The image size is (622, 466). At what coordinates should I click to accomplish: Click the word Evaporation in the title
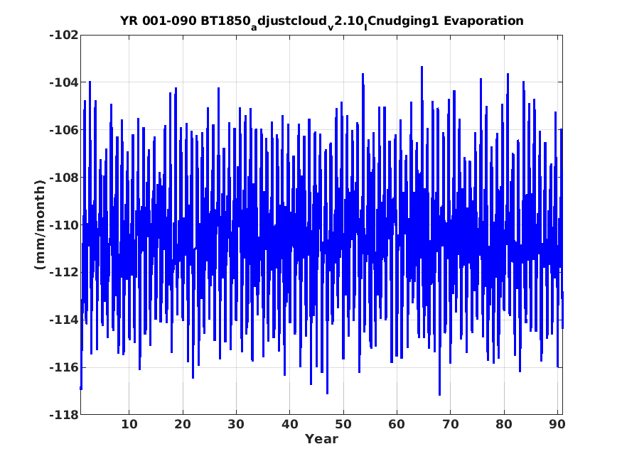[483, 21]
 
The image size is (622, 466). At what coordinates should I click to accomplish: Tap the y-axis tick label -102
[64, 35]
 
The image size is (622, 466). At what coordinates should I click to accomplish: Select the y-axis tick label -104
[64, 82]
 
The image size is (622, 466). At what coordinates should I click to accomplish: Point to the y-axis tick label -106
[64, 130]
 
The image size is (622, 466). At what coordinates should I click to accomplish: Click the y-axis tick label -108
[64, 178]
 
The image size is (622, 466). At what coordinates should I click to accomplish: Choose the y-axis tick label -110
[64, 225]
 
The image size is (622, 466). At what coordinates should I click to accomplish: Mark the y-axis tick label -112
[64, 273]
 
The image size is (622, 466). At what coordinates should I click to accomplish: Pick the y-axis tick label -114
[64, 320]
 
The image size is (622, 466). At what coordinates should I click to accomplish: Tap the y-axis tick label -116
[64, 367]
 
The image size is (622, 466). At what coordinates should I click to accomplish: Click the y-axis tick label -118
[64, 415]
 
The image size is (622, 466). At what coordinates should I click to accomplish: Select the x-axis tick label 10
[129, 424]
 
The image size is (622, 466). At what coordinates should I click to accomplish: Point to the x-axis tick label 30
[236, 424]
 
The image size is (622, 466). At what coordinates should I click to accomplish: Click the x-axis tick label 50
[343, 424]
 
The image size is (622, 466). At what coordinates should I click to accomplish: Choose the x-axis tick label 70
[450, 424]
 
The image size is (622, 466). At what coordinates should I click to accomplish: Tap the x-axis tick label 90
[557, 424]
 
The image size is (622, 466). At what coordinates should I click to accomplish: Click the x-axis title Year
[321, 439]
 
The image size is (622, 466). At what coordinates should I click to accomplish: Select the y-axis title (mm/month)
[40, 224]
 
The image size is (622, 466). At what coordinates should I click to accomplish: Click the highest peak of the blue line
[422, 67]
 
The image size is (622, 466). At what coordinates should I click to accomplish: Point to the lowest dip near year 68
[439, 395]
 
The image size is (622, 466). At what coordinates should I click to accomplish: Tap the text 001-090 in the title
[169, 21]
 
